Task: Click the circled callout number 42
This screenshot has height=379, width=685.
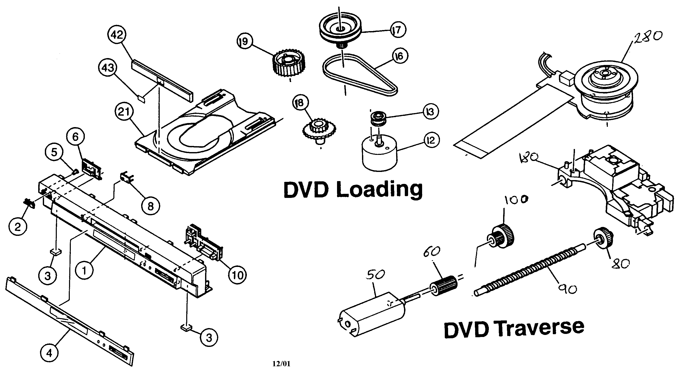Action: tap(117, 35)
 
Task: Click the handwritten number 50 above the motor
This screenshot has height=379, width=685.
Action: tap(375, 275)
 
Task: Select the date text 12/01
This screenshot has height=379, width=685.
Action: tap(281, 363)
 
